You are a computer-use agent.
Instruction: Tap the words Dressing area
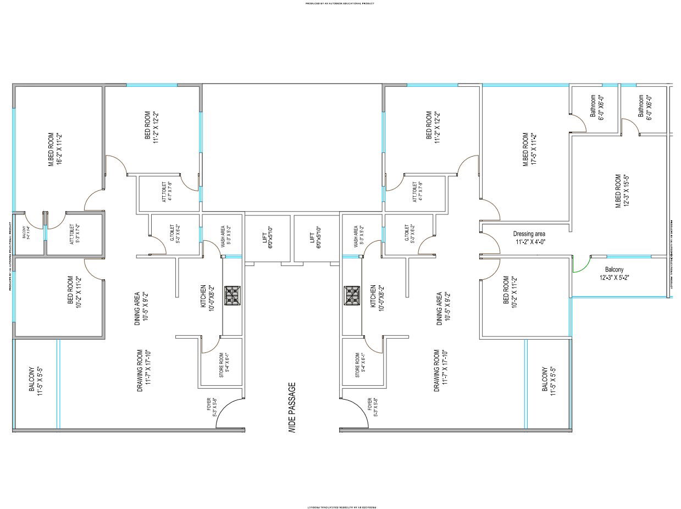coord(529,234)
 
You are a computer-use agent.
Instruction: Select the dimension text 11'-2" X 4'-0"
coord(530,242)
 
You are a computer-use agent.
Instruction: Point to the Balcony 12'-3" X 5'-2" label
coord(614,274)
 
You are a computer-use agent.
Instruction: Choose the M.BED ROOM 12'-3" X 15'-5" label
coord(622,191)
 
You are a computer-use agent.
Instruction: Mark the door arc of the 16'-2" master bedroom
coord(93,200)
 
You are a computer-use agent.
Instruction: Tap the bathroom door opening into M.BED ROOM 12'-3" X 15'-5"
coord(629,126)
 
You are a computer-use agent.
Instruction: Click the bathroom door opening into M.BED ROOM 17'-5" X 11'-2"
coord(578,124)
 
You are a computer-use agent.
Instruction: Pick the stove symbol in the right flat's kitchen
coord(352,295)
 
